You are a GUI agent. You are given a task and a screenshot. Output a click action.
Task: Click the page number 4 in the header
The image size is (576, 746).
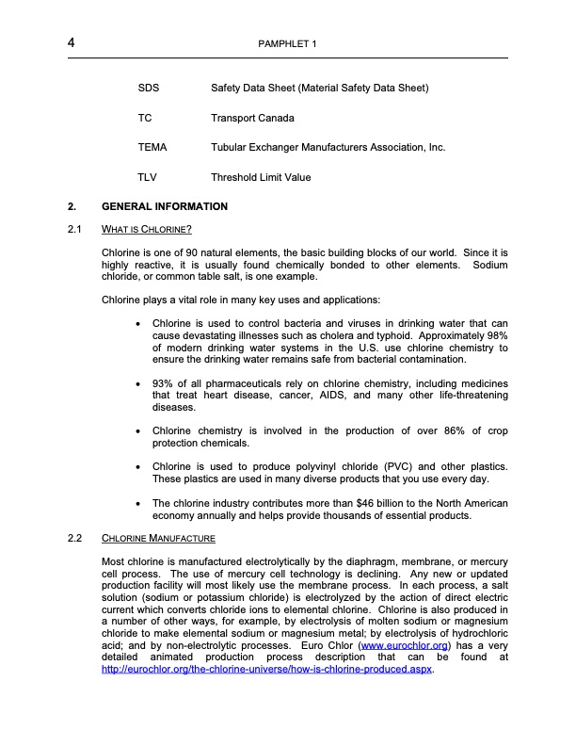[x=72, y=43]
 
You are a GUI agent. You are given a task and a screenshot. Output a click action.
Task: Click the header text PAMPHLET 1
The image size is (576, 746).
[x=288, y=45]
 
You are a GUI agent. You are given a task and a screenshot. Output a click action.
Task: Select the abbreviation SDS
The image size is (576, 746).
[x=148, y=89]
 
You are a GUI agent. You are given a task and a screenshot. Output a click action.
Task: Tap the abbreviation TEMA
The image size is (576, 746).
[x=152, y=148]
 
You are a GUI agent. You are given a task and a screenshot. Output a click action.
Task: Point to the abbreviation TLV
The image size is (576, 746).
[x=147, y=177]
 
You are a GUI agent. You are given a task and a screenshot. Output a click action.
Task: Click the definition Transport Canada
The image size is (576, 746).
[x=252, y=119]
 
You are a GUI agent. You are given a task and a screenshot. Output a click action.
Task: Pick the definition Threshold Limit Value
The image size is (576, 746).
[x=261, y=177]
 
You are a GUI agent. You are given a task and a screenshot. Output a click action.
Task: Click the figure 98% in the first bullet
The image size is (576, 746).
[x=496, y=335]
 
